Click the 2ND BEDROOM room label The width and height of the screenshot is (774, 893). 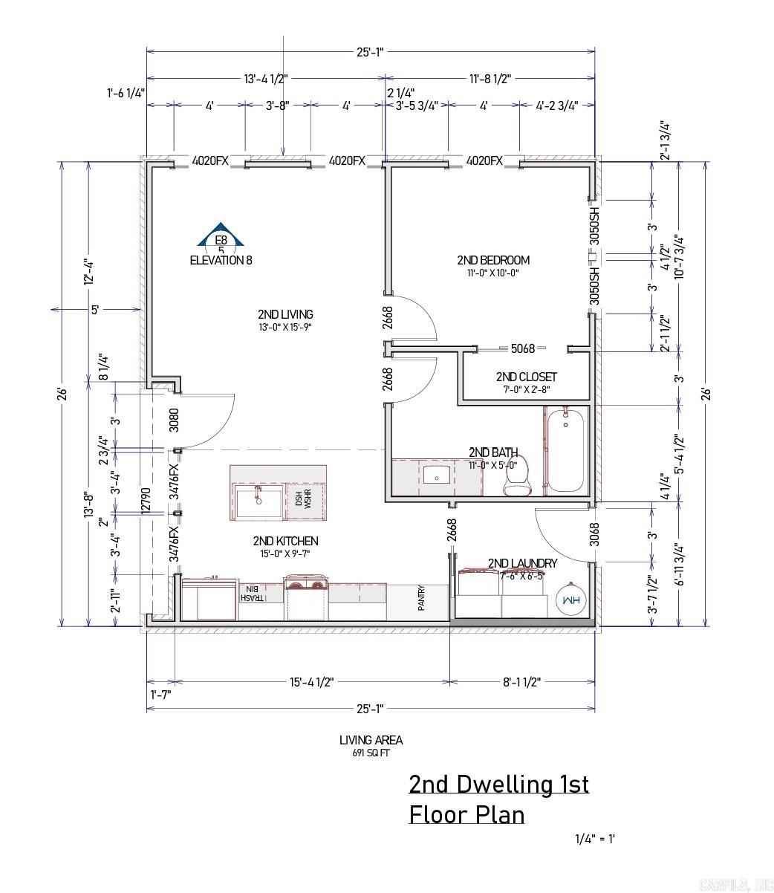pos(492,260)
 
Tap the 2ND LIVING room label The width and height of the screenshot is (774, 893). pos(285,314)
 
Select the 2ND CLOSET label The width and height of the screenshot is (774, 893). pos(526,377)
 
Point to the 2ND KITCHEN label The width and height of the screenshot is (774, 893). pos(285,541)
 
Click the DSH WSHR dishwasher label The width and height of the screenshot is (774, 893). pos(303,500)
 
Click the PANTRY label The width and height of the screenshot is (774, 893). pos(420,597)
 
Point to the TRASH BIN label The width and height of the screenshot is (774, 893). pos(250,593)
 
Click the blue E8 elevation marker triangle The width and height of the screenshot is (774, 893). pos(221,236)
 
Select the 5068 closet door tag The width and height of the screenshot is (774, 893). pos(522,348)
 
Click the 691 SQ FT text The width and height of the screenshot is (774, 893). pos(371,753)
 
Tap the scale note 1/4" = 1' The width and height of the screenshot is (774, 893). pos(595,839)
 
